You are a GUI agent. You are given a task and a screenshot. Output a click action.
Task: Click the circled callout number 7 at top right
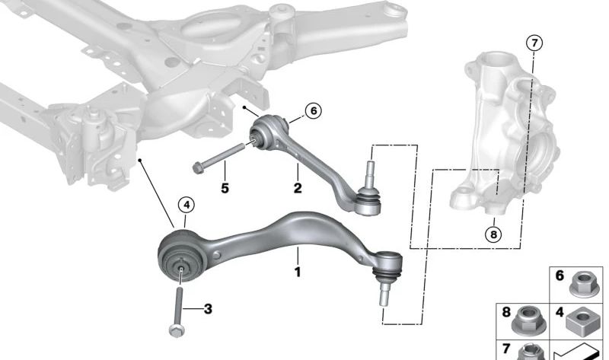pyautogui.click(x=534, y=43)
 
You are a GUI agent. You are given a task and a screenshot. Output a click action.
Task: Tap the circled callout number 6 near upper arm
pyautogui.click(x=312, y=111)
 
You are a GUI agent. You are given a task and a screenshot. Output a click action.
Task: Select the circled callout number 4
pyautogui.click(x=186, y=205)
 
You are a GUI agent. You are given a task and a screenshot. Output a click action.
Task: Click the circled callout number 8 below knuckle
pyautogui.click(x=493, y=234)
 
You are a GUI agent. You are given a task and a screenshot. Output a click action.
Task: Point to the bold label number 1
pyautogui.click(x=298, y=271)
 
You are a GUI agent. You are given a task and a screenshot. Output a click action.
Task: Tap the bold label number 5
pyautogui.click(x=225, y=187)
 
